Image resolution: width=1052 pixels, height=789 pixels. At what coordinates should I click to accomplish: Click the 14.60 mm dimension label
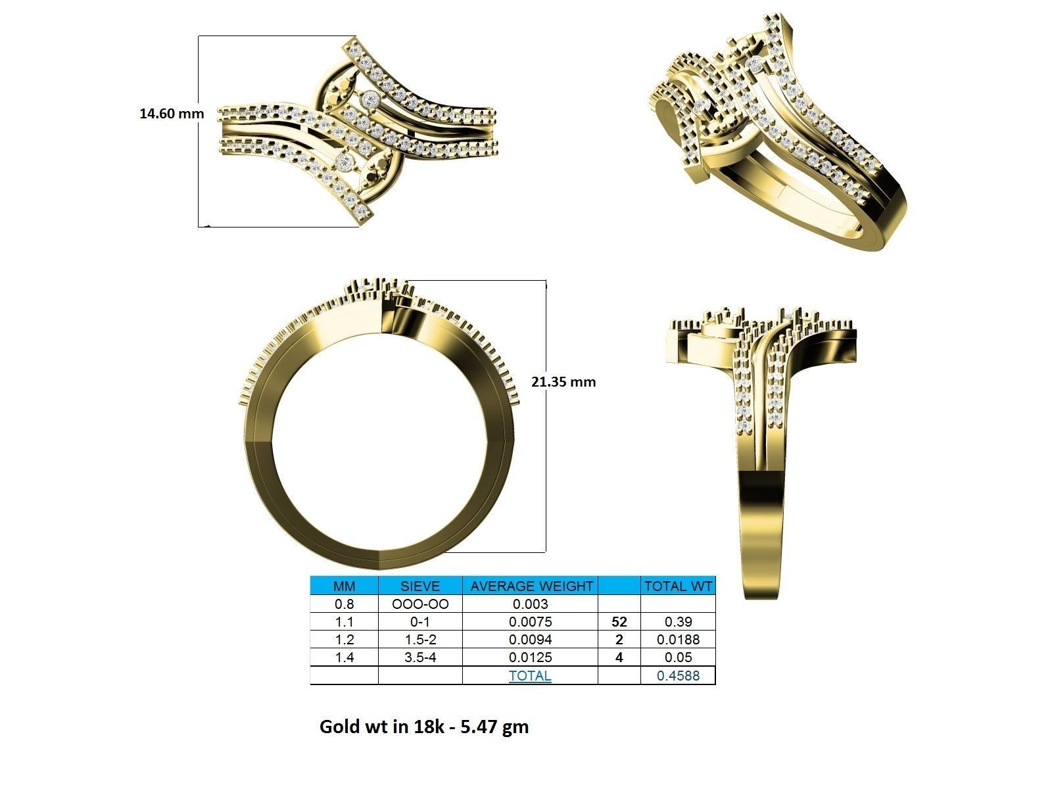[x=172, y=113]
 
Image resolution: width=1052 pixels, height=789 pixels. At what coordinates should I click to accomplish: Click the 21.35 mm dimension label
[x=563, y=381]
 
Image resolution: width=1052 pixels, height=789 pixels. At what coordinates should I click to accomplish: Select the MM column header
[x=344, y=586]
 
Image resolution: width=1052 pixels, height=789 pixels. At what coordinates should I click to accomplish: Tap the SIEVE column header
[x=420, y=586]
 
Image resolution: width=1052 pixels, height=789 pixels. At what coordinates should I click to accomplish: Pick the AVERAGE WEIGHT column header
[x=530, y=586]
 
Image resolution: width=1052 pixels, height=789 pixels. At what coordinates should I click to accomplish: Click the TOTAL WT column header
[x=678, y=586]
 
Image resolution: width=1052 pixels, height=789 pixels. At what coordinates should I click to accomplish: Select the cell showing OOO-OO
[x=420, y=604]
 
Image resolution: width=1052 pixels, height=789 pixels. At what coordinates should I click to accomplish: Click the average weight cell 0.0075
[x=530, y=621]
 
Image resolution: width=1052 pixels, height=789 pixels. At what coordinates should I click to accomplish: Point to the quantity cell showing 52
[x=619, y=621]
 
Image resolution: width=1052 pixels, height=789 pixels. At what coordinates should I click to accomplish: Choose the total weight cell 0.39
[x=678, y=621]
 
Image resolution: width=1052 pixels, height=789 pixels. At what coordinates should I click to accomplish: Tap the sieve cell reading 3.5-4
[x=420, y=657]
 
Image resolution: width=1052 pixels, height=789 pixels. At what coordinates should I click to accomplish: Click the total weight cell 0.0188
[x=678, y=639]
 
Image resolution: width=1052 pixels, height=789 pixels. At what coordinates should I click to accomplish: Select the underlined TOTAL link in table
[x=530, y=675]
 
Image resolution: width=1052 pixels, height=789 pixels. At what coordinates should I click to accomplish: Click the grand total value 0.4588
[x=678, y=675]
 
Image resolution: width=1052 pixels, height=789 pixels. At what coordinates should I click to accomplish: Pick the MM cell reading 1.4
[x=344, y=657]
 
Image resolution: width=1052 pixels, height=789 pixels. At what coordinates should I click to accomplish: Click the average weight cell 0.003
[x=530, y=604]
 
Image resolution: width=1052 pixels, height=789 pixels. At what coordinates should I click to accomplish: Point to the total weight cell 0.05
[x=678, y=657]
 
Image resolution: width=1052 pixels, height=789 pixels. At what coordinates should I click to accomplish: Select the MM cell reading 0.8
[x=344, y=604]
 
